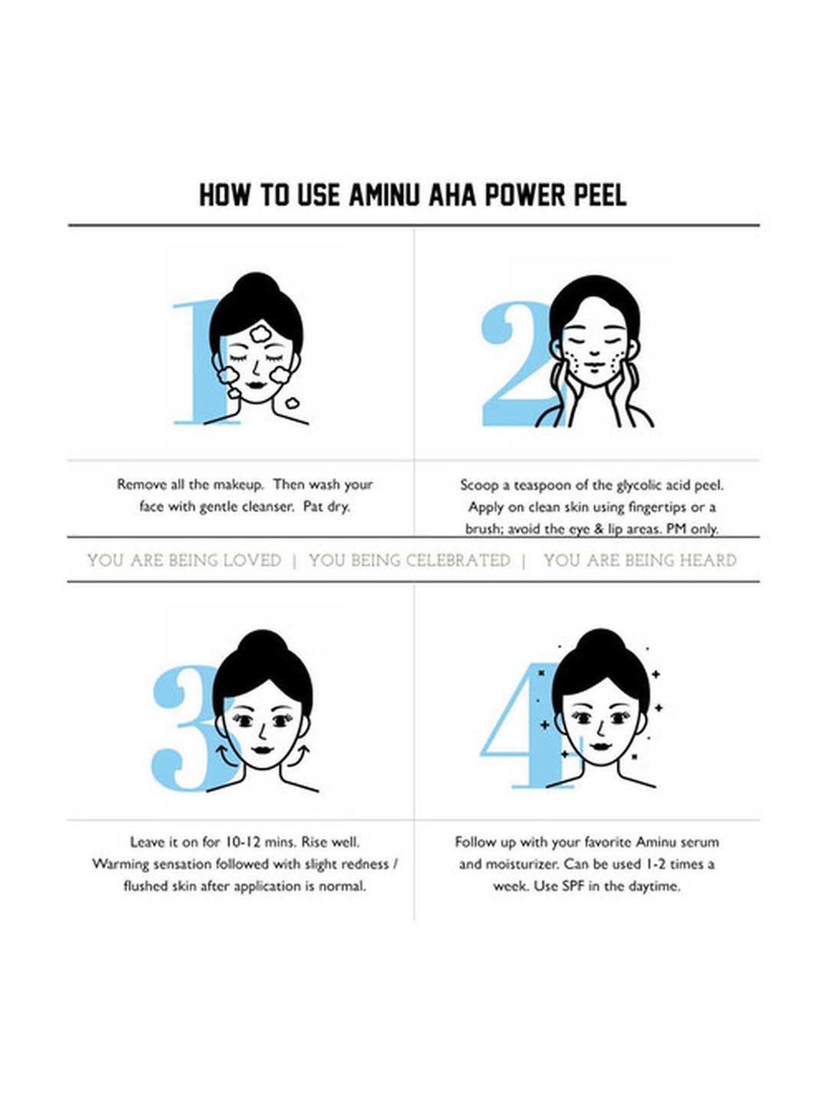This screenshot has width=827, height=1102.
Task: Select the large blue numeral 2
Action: [515, 363]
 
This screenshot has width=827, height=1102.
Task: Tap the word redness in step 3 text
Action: [364, 864]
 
